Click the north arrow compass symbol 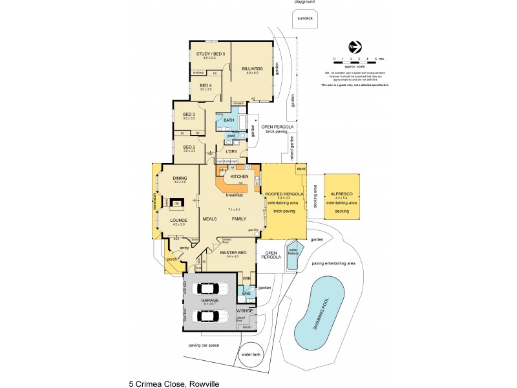(354, 47)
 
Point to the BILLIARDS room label (252, 68)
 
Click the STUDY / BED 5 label (209, 54)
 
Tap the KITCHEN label (240, 176)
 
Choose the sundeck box (304, 19)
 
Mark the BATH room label (229, 120)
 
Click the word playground (304, 3)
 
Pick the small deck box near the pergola (301, 169)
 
